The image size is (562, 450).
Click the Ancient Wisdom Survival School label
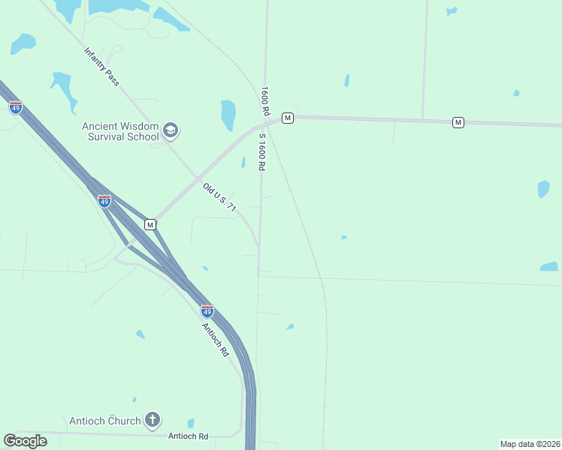[120, 131]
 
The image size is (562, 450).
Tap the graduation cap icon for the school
[171, 131]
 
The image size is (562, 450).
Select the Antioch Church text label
[104, 420]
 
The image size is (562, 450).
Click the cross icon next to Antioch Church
[153, 419]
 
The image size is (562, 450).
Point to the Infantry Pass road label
[101, 66]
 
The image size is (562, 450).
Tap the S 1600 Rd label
[262, 152]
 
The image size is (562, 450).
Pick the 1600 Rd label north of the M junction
[264, 100]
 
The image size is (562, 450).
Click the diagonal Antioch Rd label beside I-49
[214, 339]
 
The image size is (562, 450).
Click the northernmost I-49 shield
[16, 107]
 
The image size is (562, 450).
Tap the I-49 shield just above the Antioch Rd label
[207, 310]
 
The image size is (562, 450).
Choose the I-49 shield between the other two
[104, 201]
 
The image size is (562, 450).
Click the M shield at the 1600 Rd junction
[287, 118]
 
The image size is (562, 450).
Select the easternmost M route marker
[458, 122]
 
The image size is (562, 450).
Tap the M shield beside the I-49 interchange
[150, 224]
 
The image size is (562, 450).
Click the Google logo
[26, 441]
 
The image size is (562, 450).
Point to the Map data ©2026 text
[530, 444]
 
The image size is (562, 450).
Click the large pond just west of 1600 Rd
[228, 115]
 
